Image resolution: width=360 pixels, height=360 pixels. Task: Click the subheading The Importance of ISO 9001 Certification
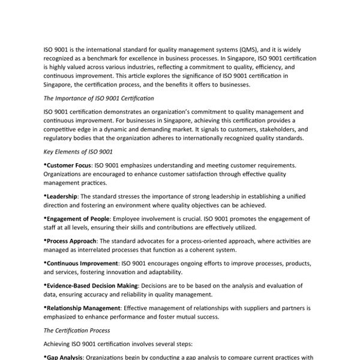pyautogui.click(x=99, y=98)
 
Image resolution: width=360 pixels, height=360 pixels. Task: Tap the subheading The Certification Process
pyautogui.click(x=77, y=331)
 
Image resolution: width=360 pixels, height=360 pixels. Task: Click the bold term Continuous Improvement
pyautogui.click(x=82, y=263)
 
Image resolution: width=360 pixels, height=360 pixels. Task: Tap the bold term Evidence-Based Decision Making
pyautogui.click(x=92, y=286)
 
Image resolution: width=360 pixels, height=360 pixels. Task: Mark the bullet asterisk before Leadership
pyautogui.click(x=46, y=196)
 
